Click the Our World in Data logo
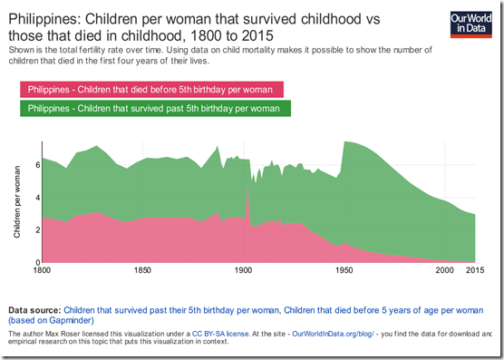tap(471, 24)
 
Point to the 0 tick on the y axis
tap(34, 263)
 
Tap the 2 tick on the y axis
tap(34, 230)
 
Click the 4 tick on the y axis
tap(34, 198)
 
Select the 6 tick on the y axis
tap(34, 165)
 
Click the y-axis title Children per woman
tap(16, 201)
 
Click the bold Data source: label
tap(34, 309)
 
